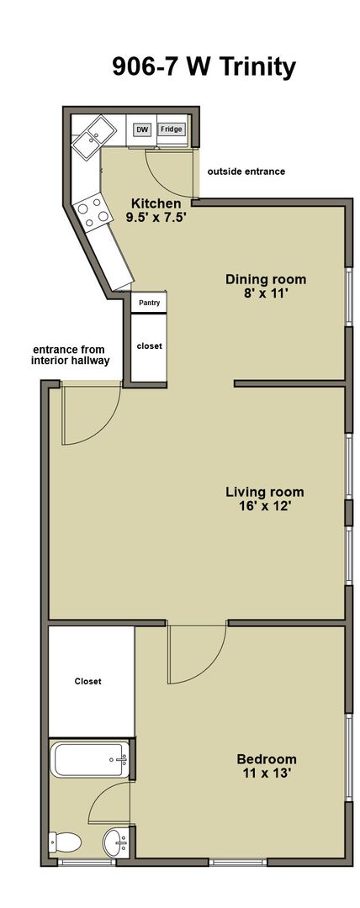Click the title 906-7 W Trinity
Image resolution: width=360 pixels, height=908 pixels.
coord(204,67)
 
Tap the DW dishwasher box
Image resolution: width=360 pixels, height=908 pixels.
coord(141,129)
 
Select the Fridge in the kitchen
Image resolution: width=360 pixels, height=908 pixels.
coord(172,129)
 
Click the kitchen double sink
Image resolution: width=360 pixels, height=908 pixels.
coord(93,135)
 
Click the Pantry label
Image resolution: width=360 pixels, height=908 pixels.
coord(149,303)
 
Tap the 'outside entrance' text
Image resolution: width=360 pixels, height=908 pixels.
coord(246,172)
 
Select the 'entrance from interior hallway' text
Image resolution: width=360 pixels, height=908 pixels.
coord(71,355)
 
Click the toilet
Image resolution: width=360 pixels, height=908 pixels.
coord(65,842)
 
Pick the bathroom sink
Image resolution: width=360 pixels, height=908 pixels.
coord(116,842)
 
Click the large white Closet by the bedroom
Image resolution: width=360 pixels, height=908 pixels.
coord(92,681)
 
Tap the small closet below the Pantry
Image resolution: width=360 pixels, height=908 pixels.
coord(149,347)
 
